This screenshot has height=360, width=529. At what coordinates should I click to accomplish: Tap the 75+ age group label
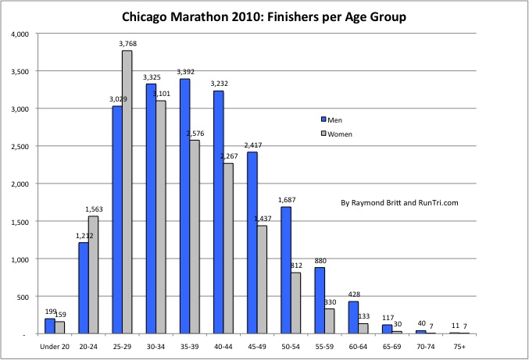460,344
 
